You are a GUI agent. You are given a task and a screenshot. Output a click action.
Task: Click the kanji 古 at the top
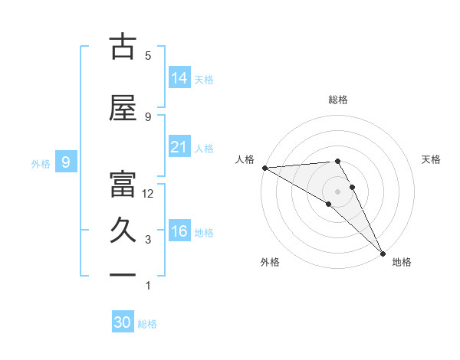click(x=123, y=47)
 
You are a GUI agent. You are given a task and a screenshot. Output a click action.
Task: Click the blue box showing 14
click(x=179, y=77)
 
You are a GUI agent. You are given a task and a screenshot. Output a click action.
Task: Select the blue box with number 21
click(x=179, y=147)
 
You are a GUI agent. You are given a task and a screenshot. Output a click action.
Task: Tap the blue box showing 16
click(x=179, y=231)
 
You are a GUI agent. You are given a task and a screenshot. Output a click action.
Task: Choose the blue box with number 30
click(x=123, y=322)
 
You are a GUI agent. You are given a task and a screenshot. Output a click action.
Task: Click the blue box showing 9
click(x=67, y=162)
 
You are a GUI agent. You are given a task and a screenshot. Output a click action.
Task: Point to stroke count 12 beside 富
click(x=148, y=194)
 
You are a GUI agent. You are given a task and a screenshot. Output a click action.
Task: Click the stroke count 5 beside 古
click(x=148, y=56)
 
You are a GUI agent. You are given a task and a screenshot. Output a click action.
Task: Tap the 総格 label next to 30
click(x=147, y=324)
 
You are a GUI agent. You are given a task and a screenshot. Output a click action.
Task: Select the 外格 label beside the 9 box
click(x=41, y=163)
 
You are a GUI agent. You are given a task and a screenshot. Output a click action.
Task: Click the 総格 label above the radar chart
click(x=337, y=100)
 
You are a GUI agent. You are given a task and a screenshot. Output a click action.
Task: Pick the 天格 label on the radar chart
click(x=432, y=159)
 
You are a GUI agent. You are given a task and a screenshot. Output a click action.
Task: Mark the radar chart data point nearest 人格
click(x=264, y=168)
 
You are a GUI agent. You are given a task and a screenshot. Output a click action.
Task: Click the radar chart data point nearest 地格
click(x=382, y=253)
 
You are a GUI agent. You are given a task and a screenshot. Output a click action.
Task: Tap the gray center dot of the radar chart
click(x=337, y=191)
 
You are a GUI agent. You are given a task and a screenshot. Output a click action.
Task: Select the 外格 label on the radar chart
click(x=269, y=262)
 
